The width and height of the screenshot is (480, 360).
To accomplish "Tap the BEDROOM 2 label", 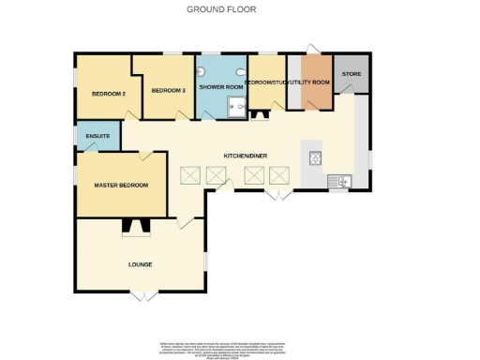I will click(x=108, y=94).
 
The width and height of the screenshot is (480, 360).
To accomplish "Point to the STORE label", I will click(x=351, y=73).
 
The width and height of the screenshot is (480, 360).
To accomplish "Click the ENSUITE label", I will click(x=97, y=138).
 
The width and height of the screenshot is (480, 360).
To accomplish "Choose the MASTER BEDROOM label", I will click(x=121, y=186).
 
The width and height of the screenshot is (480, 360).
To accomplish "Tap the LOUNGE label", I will click(x=140, y=264).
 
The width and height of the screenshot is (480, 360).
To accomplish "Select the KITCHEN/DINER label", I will click(x=243, y=155).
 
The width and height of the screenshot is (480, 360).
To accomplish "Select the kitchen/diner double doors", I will click(x=275, y=195).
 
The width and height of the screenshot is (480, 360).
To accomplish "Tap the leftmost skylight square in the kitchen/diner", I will click(x=190, y=175).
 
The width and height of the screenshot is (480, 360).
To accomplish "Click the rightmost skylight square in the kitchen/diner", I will click(x=279, y=175).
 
